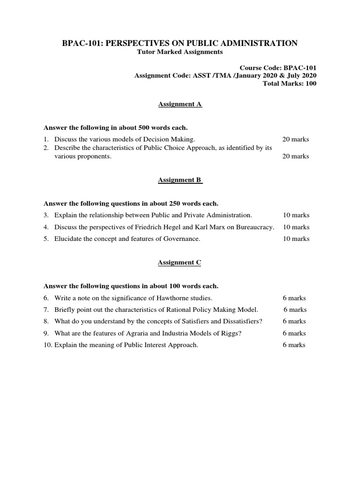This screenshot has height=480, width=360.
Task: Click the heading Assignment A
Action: tap(180, 104)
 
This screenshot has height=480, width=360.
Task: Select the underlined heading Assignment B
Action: tap(180, 180)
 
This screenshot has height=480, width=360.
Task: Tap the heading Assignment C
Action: tap(180, 262)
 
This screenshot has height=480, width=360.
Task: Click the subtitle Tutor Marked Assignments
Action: tap(180, 52)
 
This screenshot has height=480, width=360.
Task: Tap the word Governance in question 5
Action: tap(180, 239)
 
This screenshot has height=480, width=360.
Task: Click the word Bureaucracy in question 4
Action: tap(255, 227)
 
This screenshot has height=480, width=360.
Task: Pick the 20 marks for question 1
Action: tap(295, 139)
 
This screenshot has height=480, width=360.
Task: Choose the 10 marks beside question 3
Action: tap(296, 215)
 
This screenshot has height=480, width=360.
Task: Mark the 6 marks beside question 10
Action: tap(294, 345)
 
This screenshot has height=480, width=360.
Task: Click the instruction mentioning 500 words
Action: tap(115, 127)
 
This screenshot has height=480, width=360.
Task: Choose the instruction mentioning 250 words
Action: tap(131, 203)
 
